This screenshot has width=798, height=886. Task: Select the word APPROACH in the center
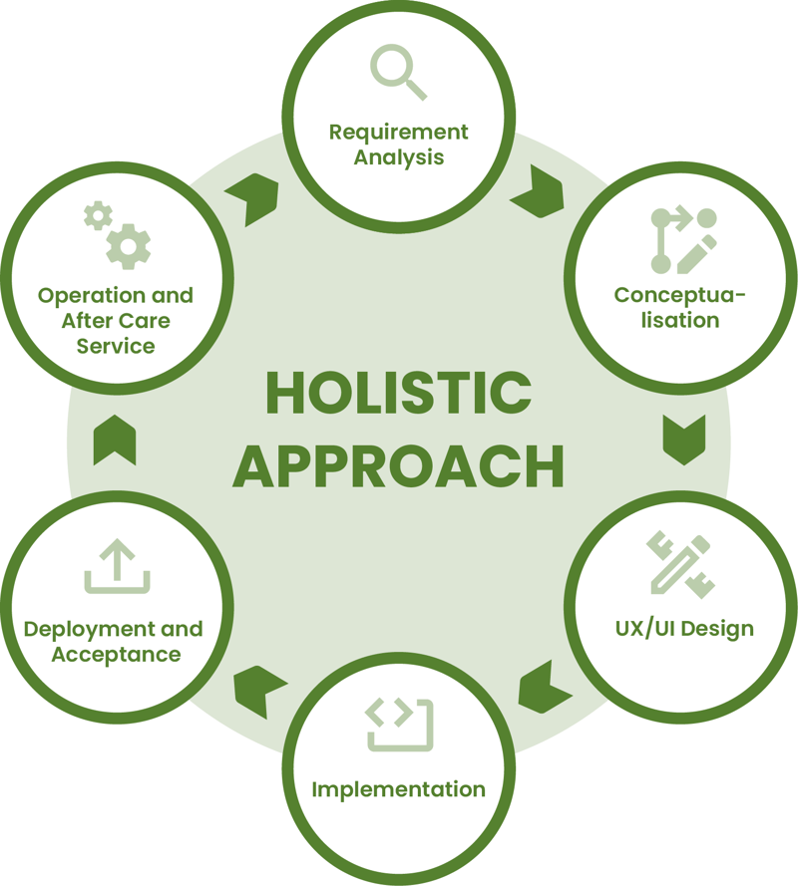point(398,465)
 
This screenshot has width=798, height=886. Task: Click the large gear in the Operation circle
point(129,245)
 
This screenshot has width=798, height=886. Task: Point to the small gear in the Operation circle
point(98,215)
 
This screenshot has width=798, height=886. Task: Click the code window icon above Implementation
point(399,725)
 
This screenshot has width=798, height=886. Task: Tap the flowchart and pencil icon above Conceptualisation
point(683,240)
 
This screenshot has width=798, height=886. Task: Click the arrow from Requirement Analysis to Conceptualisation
point(538,191)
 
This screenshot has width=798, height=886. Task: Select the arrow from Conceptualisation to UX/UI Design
point(683,439)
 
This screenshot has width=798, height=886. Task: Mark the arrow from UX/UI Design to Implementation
point(544,687)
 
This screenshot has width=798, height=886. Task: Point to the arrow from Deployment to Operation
point(115,441)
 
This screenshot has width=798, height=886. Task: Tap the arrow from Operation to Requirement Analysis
point(252,196)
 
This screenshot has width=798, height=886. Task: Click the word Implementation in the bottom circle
point(398,789)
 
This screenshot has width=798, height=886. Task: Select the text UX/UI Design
point(683,629)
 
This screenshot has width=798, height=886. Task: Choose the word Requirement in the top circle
point(398,132)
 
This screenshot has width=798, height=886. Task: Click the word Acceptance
point(116,655)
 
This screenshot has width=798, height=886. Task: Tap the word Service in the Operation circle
point(116,347)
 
